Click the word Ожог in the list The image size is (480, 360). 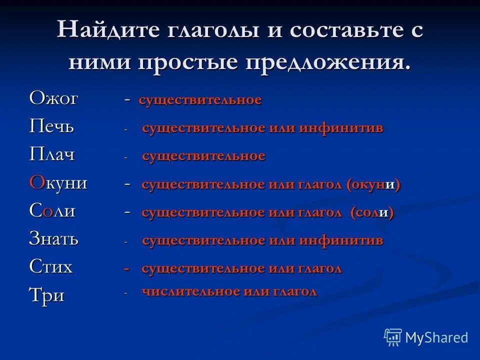(53, 98)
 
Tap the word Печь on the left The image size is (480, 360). (51, 126)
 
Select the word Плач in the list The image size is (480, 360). (52, 154)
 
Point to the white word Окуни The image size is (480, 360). (58, 182)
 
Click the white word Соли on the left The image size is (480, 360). (52, 210)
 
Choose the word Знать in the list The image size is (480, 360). (54, 238)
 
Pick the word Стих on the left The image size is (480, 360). (51, 266)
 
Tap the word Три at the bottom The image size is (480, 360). (46, 295)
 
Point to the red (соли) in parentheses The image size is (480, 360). (371, 212)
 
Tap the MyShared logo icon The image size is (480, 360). (393, 337)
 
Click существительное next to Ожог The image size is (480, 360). (200, 99)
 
